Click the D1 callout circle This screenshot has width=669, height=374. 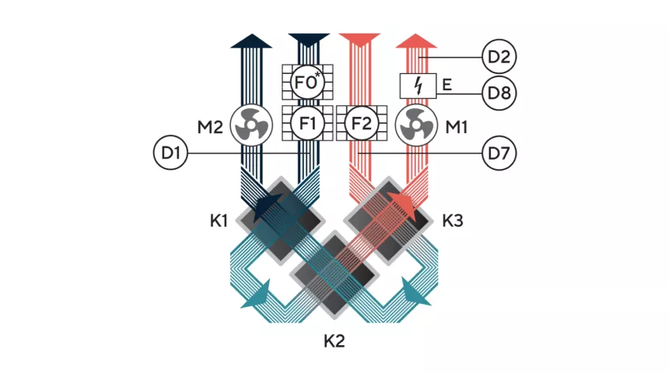(x=171, y=153)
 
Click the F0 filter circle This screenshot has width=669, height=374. (x=306, y=80)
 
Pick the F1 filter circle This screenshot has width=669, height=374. (x=306, y=123)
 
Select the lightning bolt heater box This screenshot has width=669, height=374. (x=419, y=86)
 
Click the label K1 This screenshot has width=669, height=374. (x=219, y=221)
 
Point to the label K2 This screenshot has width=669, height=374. (x=334, y=340)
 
